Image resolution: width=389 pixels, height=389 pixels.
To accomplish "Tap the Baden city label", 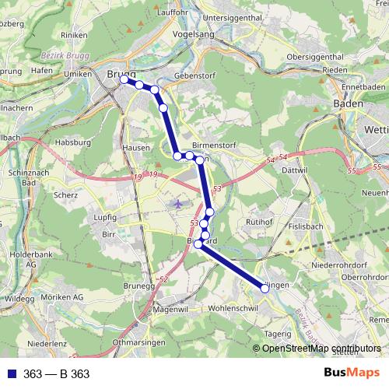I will (x=347, y=103).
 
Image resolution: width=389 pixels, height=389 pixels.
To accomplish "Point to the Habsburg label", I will (x=75, y=143).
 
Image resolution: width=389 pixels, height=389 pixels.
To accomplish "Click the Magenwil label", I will (x=172, y=309).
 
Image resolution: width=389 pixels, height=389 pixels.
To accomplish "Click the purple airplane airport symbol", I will (x=179, y=204).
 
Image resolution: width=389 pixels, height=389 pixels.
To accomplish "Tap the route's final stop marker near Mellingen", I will (x=265, y=288).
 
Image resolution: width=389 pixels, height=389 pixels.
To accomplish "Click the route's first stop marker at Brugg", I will (x=124, y=79).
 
